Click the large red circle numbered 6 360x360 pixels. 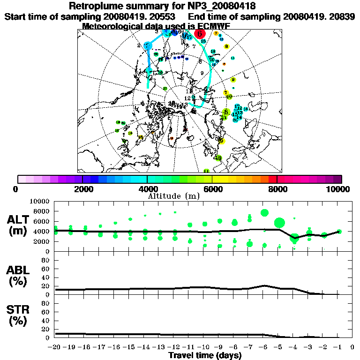(200, 33)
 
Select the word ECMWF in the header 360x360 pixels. (213, 26)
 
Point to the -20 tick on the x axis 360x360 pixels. (55, 347)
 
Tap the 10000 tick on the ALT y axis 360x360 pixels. (41, 201)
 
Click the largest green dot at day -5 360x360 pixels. (280, 223)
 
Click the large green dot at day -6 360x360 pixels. (264, 213)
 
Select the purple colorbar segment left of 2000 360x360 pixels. (70, 179)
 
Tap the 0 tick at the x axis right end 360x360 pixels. (352, 347)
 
